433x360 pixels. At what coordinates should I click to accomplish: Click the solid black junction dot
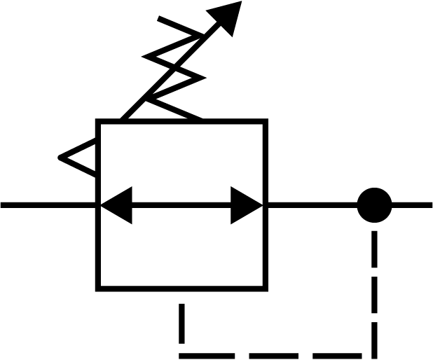click(x=374, y=205)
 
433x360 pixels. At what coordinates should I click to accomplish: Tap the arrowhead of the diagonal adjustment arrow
click(x=228, y=15)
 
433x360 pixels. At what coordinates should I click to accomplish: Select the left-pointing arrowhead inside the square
click(x=116, y=205)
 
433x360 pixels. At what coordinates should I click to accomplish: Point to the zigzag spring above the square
click(x=175, y=67)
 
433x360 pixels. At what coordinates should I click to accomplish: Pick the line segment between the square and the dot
click(x=310, y=205)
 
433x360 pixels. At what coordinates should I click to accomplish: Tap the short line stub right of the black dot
click(x=413, y=205)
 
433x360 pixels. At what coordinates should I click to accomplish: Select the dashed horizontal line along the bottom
click(x=273, y=355)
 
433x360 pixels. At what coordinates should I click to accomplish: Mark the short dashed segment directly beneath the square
click(x=182, y=322)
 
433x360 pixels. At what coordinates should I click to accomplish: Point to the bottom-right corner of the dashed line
click(x=373, y=354)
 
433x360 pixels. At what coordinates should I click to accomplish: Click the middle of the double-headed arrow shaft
click(x=181, y=205)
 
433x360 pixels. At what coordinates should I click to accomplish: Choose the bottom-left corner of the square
click(x=98, y=287)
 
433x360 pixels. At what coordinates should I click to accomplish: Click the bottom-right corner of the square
click(x=265, y=287)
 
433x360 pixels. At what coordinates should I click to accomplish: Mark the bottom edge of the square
click(x=181, y=287)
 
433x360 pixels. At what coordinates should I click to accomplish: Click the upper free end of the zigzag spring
click(x=160, y=20)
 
